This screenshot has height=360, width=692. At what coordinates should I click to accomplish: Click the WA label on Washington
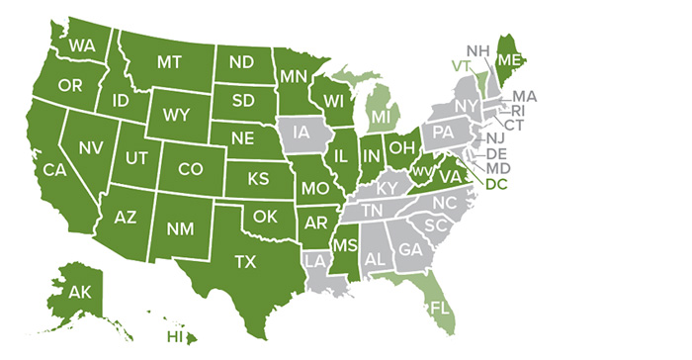click(x=82, y=46)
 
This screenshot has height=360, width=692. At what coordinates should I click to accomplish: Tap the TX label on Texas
click(x=243, y=261)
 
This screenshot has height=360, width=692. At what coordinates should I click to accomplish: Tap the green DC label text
click(x=495, y=182)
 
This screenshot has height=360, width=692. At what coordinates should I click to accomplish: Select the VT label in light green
click(x=459, y=66)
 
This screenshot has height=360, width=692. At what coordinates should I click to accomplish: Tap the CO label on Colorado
click(x=190, y=169)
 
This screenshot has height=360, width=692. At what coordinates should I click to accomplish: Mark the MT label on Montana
click(x=168, y=61)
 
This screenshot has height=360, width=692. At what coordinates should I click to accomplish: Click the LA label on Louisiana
click(x=315, y=262)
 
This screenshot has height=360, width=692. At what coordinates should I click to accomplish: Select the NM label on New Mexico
click(x=179, y=230)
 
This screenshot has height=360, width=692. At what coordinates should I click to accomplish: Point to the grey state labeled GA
click(x=410, y=252)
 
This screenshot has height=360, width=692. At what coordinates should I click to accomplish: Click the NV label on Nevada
click(x=91, y=148)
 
